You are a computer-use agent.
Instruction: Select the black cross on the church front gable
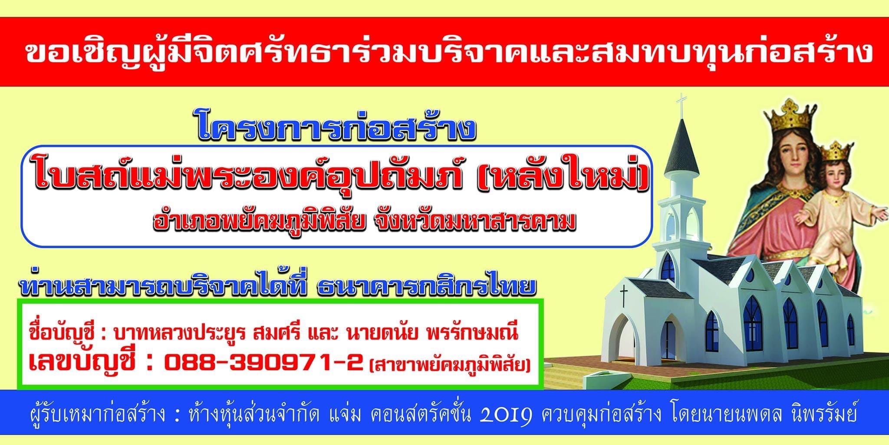pos(624,296)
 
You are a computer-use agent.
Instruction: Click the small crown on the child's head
pos(834,150)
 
